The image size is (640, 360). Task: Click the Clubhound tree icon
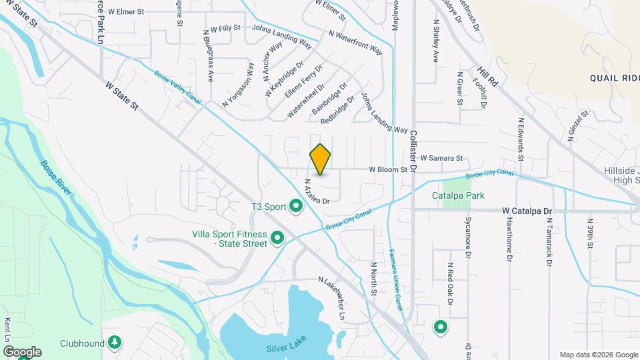pos(115,343)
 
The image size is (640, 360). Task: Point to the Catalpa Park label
pos(457,196)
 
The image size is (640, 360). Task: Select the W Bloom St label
pos(389,170)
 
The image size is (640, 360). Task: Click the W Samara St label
pos(441,158)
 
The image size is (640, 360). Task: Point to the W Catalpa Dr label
pos(527,211)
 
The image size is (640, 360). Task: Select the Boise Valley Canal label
pos(178,87)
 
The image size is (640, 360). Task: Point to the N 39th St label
pos(590,233)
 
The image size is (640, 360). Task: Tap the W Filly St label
pos(225,29)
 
